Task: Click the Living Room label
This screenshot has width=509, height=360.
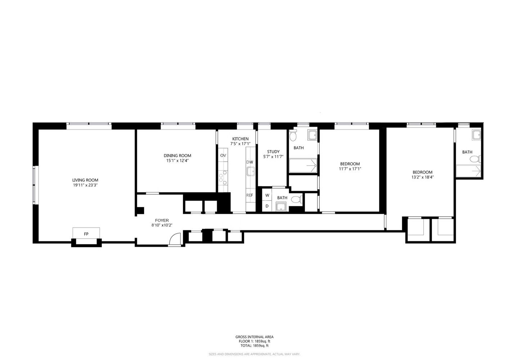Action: (85, 180)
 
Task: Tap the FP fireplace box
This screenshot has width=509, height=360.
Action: (86, 234)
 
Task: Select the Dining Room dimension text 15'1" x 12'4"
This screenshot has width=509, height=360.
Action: (177, 161)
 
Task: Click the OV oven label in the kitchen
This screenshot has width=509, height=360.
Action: (223, 156)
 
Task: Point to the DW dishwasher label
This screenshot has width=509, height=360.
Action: (249, 162)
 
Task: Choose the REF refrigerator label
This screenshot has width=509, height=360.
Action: (249, 195)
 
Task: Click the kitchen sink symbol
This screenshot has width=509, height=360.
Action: (250, 171)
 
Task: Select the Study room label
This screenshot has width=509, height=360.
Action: (273, 152)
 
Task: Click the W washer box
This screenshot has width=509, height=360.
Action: (267, 195)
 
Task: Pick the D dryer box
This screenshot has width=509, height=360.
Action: (267, 206)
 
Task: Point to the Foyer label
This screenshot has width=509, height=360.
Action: (162, 220)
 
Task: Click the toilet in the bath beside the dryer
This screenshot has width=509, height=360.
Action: (296, 199)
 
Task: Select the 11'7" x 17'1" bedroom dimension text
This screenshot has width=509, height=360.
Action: (350, 169)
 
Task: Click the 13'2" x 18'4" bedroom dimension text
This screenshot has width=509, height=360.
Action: (422, 177)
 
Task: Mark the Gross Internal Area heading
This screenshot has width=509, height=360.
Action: (254, 337)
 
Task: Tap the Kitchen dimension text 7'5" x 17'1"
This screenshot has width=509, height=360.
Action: (240, 144)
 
